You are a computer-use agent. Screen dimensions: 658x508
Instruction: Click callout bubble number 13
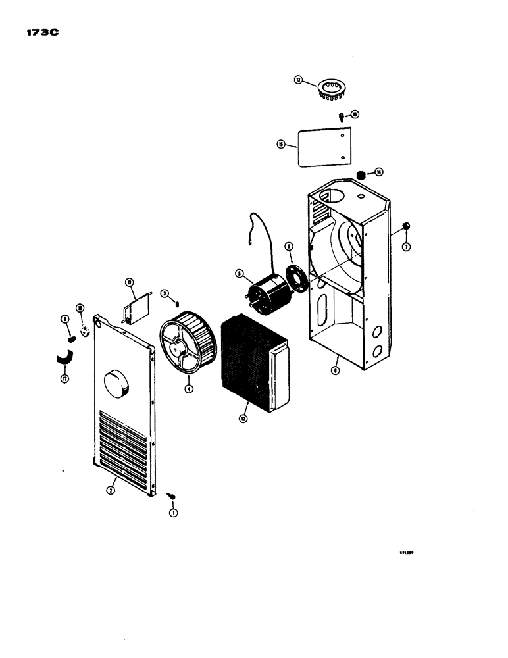coord(299,80)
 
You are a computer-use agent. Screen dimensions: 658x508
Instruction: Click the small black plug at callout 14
coord(361,174)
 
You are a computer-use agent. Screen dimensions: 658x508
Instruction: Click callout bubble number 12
coord(244,419)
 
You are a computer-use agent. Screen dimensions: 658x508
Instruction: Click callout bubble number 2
coord(111,490)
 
